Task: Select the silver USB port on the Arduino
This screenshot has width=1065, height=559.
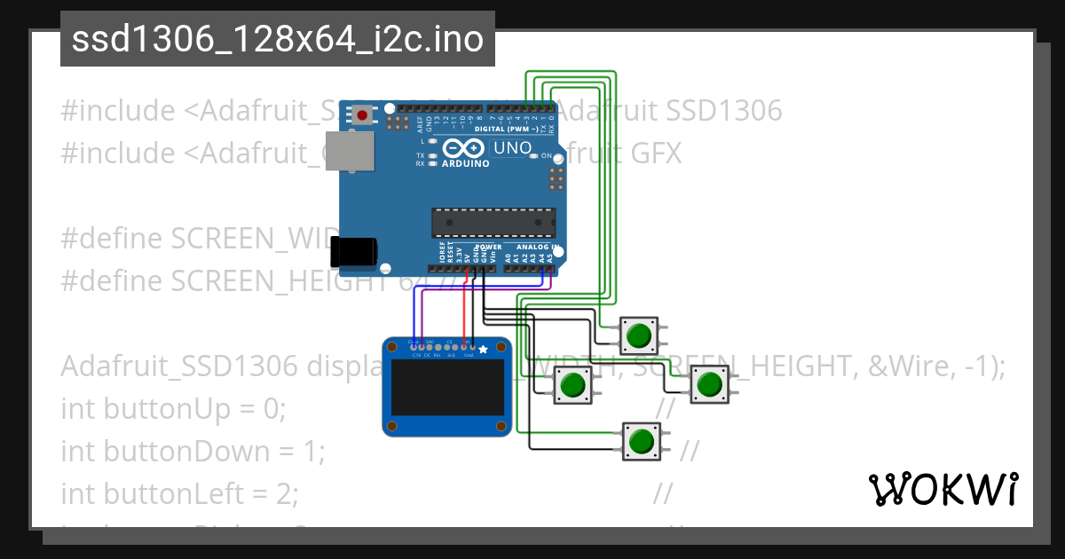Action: click(x=349, y=152)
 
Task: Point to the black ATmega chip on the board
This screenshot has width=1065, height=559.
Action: click(x=493, y=223)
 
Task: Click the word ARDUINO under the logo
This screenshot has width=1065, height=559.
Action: click(x=465, y=163)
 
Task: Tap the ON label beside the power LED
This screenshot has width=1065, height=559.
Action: click(x=547, y=156)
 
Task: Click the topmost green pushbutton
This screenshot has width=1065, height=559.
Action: click(x=637, y=335)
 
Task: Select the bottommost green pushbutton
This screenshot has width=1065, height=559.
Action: click(x=640, y=440)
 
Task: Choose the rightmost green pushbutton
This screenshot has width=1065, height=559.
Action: click(x=707, y=385)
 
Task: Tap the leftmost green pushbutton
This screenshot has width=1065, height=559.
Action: click(x=572, y=385)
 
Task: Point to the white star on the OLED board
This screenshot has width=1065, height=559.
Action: click(x=483, y=350)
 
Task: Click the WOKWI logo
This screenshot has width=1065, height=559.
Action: click(x=943, y=489)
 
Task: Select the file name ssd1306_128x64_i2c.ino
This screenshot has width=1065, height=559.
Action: click(x=277, y=40)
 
